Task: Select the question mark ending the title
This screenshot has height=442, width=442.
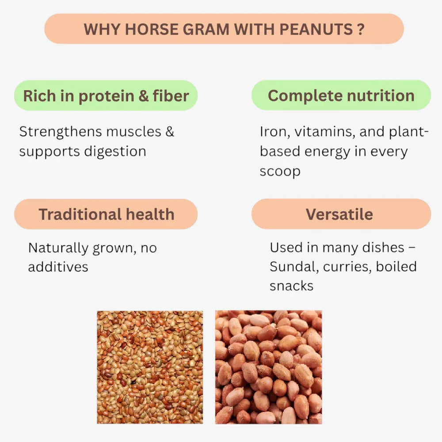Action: tap(361, 29)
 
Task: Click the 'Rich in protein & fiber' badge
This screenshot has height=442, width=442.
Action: tap(106, 95)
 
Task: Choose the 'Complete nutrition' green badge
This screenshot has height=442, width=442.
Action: tap(341, 95)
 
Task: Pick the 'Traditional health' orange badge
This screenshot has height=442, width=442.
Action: tap(106, 214)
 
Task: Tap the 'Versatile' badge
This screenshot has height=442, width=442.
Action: tap(339, 214)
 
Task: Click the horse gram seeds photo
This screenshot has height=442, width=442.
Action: tap(150, 367)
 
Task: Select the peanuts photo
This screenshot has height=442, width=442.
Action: tap(268, 367)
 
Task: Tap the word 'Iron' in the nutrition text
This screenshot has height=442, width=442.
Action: tap(271, 132)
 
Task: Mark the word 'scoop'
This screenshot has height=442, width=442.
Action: tap(280, 171)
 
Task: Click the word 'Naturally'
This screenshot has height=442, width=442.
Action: tap(58, 248)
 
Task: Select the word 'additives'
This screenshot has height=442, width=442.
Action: tap(58, 267)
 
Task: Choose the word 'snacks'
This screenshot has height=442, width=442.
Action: tap(291, 286)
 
